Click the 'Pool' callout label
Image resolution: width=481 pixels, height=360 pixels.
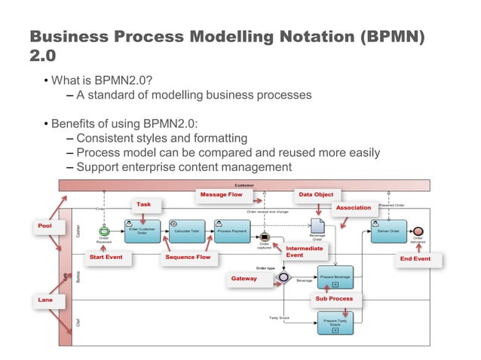(x=51, y=225)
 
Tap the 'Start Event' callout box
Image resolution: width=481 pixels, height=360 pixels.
(x=106, y=258)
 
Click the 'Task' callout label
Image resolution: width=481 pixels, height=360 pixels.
(x=143, y=204)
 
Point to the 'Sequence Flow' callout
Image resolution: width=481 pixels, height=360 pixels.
(x=188, y=258)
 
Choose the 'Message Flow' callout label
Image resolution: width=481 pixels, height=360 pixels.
(x=221, y=195)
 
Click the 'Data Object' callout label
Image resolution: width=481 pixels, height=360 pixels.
(x=316, y=195)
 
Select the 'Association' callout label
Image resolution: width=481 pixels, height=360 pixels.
(x=354, y=207)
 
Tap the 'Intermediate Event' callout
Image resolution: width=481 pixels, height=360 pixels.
(x=305, y=252)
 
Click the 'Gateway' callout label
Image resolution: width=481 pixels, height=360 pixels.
(x=244, y=279)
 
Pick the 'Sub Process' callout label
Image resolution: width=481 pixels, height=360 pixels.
(x=334, y=299)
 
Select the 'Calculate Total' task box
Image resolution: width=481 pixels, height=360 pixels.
(x=185, y=231)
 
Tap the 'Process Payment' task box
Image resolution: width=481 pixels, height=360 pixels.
(x=231, y=231)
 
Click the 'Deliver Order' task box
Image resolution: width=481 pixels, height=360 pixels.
(x=388, y=231)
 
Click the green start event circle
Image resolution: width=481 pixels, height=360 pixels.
(x=104, y=231)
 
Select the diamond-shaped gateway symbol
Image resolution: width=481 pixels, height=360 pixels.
(x=283, y=277)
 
